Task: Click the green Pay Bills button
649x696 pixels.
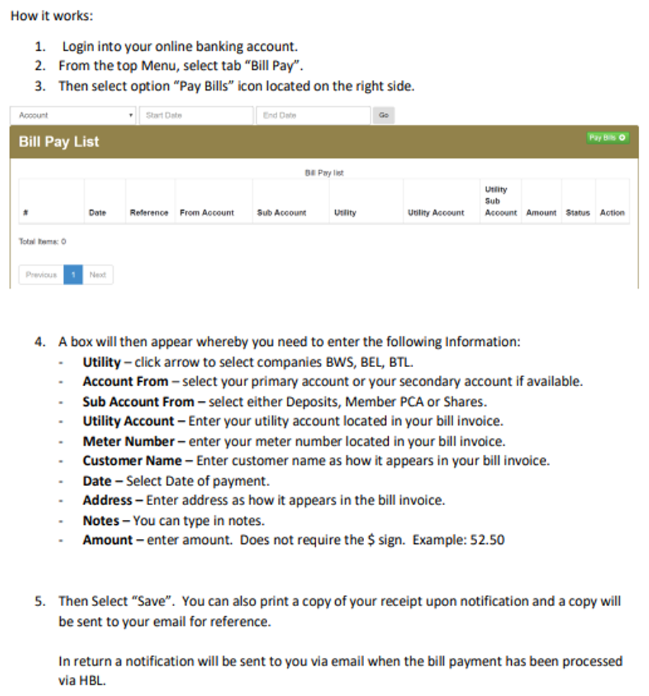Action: (x=607, y=137)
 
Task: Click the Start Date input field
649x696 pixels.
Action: (x=196, y=115)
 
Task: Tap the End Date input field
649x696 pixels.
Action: (x=312, y=115)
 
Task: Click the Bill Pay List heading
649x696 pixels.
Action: (x=59, y=141)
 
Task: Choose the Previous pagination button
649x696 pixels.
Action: (x=41, y=275)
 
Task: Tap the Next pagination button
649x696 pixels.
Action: (x=98, y=275)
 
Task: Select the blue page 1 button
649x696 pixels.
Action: (x=73, y=275)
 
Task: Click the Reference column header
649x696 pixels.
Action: (x=149, y=212)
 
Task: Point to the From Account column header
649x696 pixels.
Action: (x=206, y=212)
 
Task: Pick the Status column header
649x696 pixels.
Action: (x=578, y=212)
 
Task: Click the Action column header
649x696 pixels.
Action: (x=612, y=212)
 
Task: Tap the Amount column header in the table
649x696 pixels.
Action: (x=541, y=212)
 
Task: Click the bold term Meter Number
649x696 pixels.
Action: (x=128, y=441)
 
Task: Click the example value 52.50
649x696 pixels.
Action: (x=487, y=540)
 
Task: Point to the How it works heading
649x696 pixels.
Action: (x=52, y=16)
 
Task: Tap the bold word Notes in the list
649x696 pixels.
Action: (x=100, y=521)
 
